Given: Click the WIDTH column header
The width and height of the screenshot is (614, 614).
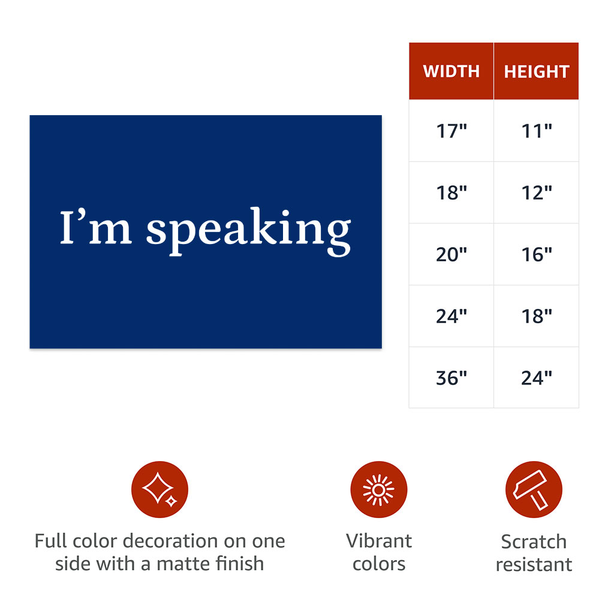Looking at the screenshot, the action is [451, 71].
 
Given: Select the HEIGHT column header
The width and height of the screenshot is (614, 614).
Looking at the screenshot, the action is [537, 71].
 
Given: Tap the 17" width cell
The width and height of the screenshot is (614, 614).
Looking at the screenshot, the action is [451, 131].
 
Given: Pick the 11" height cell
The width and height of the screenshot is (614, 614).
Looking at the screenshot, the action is [537, 131].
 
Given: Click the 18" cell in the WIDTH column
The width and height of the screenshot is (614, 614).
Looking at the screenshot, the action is [451, 192].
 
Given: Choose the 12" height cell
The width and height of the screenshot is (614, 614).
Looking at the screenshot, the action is [537, 192].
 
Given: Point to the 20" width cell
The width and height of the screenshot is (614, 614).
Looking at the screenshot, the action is [451, 254].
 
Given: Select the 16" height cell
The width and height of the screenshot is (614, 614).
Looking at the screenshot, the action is [537, 254].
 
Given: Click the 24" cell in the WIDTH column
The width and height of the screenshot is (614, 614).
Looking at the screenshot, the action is [451, 316].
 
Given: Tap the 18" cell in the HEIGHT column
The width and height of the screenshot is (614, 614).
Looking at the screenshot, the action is [537, 316].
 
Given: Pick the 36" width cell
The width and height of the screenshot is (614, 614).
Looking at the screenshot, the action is [451, 378].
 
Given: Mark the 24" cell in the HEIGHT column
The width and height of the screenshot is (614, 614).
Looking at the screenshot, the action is [537, 378].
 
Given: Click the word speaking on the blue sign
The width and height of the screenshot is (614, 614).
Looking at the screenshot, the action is [249, 232].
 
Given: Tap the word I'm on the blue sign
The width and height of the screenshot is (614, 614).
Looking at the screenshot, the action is [95, 227].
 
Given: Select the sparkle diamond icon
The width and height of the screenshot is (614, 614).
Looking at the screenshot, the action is [159, 489].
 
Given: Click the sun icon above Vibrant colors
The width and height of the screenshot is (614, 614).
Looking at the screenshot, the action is [379, 489].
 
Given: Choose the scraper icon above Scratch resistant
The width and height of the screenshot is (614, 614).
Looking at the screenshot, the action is [534, 489].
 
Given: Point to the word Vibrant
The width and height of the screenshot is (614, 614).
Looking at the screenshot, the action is [379, 541].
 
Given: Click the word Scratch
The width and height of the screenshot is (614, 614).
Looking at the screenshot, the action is [534, 542].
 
